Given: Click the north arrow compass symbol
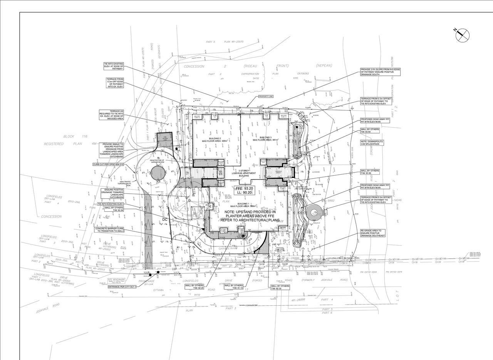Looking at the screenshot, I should point(463,35).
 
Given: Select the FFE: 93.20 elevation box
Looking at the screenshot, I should point(245,190).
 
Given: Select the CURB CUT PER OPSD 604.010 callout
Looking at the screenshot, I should point(109,164).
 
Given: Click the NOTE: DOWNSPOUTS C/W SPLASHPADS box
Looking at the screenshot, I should point(372,143).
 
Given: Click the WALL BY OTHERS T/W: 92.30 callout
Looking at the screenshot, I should point(280,288).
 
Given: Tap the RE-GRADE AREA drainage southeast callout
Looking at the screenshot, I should point(372,233).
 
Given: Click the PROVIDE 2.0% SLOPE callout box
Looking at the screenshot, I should point(380,72).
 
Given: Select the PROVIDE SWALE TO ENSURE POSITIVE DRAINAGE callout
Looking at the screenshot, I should point(113,150).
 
